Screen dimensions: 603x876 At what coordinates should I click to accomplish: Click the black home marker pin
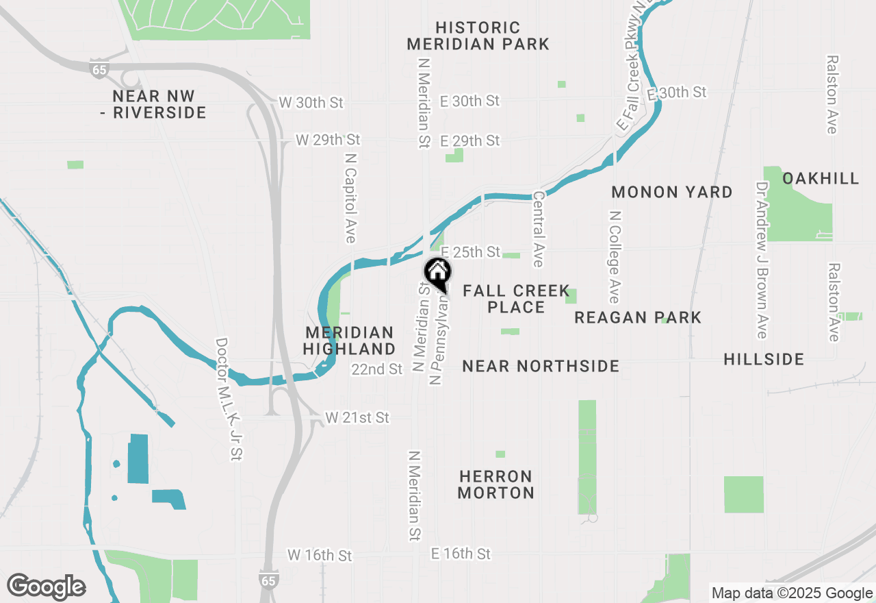tap(438, 273)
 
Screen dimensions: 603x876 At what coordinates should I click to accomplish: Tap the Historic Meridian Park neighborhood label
tap(478, 36)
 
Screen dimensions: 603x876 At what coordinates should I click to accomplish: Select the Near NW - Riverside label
tap(153, 104)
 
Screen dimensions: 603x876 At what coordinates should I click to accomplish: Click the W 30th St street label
tap(311, 103)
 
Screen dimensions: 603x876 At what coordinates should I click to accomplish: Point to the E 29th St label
tap(470, 140)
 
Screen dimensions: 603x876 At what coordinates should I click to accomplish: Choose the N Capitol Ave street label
tap(351, 197)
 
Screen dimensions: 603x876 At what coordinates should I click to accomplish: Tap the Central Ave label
tap(538, 229)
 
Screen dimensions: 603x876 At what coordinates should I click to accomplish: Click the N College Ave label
tap(615, 256)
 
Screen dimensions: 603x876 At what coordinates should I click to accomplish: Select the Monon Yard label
tap(671, 192)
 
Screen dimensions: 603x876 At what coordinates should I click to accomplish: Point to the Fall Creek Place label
tap(516, 299)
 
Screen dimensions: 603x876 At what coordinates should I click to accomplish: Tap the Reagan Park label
tap(638, 317)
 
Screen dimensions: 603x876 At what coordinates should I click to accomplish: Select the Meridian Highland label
tap(349, 341)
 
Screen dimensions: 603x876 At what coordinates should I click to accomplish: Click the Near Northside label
tap(541, 366)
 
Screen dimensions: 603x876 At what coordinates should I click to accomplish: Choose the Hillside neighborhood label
tap(763, 359)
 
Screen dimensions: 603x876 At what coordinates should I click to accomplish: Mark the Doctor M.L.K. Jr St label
tap(229, 399)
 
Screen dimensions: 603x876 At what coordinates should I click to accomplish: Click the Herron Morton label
tap(495, 484)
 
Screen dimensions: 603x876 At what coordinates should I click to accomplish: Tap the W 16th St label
tap(320, 554)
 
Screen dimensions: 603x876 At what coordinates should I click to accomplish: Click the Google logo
tap(46, 587)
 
